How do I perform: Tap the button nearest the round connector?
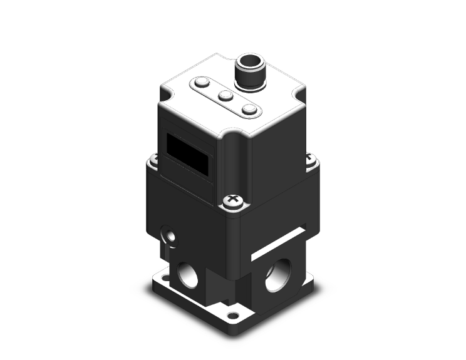pos(250,110)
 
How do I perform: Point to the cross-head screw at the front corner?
pos(232,200)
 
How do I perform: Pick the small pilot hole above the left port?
pos(168,235)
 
